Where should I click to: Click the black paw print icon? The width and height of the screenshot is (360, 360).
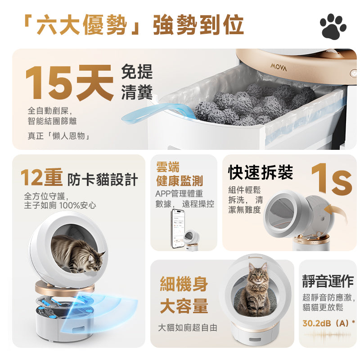(x=333, y=26)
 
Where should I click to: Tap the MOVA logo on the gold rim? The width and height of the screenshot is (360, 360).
(x=279, y=67)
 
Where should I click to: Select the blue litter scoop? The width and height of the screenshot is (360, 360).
(x=158, y=112)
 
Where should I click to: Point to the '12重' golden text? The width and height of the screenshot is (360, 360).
(x=41, y=177)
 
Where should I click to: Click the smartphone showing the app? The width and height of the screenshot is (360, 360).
(x=178, y=229)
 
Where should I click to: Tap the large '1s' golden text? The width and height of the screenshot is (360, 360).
(x=331, y=179)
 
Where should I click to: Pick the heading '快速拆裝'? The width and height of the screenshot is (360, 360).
(x=261, y=172)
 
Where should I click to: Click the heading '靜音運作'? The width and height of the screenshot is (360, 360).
(x=328, y=281)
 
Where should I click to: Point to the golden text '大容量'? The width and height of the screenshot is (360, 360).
(x=184, y=306)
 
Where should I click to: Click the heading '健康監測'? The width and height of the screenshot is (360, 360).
(x=180, y=181)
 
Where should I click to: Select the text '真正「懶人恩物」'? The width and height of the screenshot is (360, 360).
(x=59, y=136)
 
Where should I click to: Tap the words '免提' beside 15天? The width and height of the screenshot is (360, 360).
(x=137, y=72)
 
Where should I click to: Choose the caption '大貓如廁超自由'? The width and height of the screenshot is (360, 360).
(x=188, y=328)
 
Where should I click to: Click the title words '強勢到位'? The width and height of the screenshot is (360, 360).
(x=198, y=25)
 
